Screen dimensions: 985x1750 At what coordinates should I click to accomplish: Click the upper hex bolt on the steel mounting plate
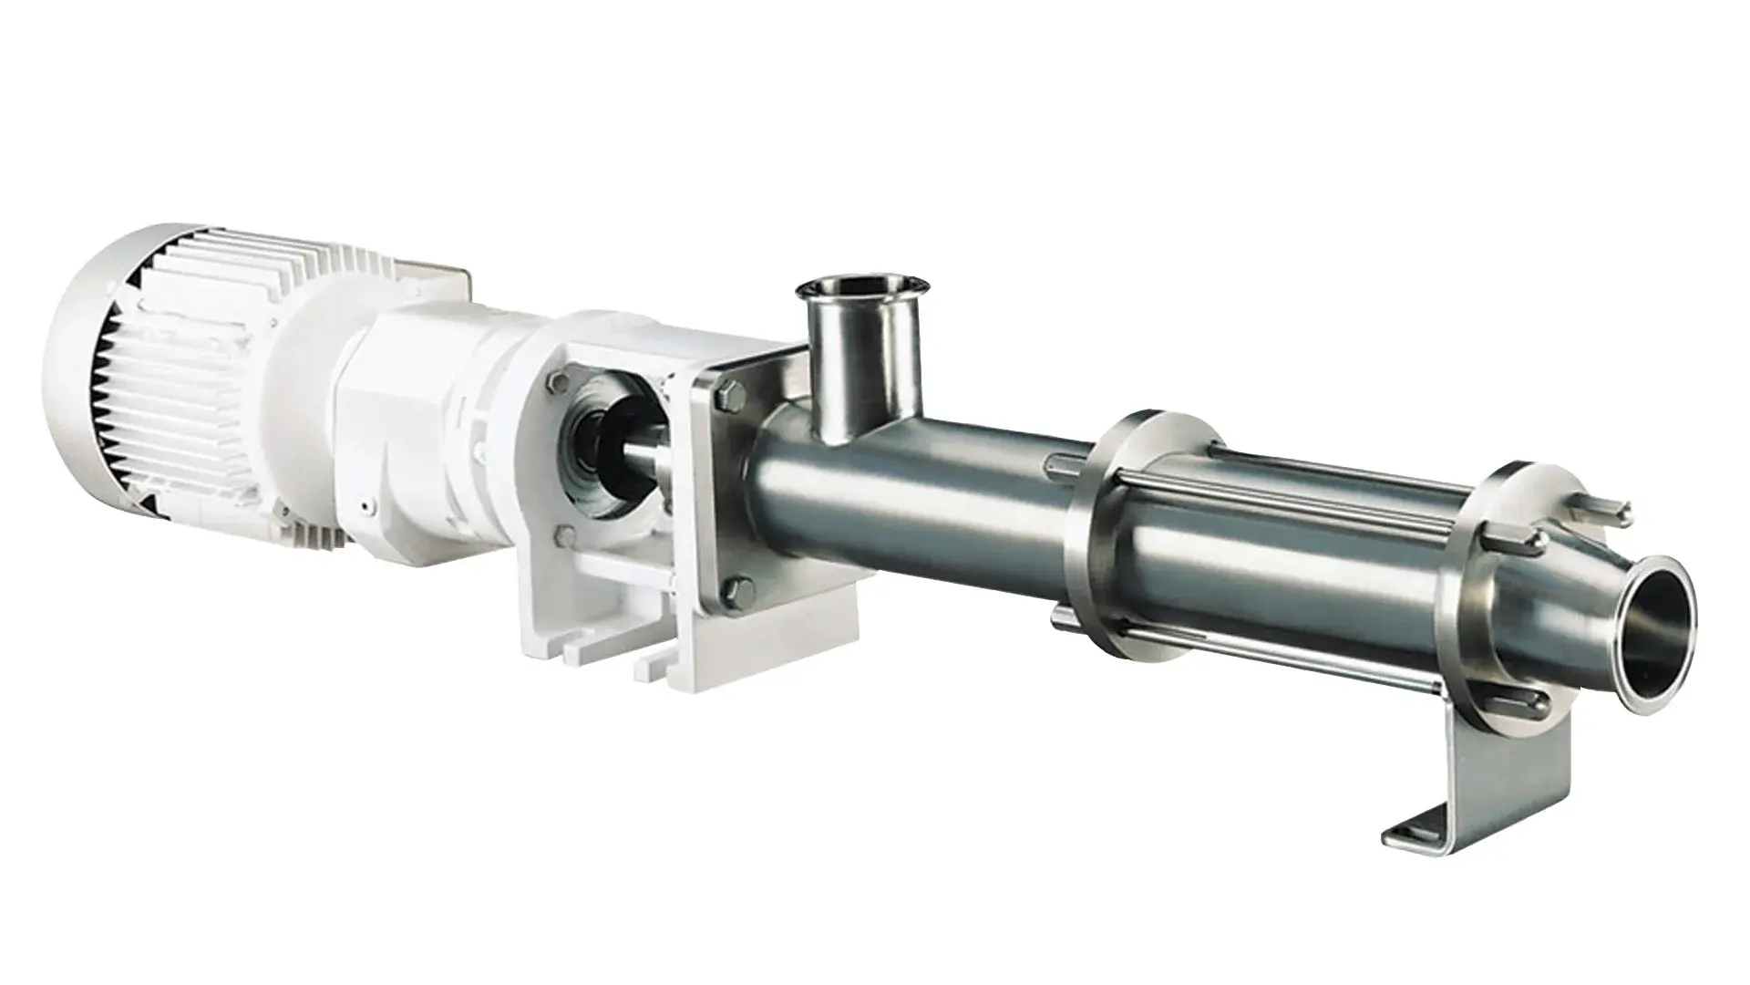(x=726, y=396)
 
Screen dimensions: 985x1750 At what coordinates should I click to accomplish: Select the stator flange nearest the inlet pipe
(x=1107, y=547)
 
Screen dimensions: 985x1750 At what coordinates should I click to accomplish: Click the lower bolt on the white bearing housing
(x=567, y=536)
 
